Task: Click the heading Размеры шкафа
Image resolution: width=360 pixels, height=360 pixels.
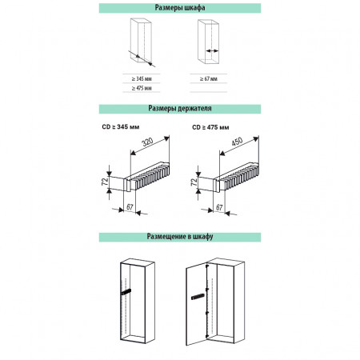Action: click(x=180, y=8)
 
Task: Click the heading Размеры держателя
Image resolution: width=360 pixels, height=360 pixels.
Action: click(x=180, y=108)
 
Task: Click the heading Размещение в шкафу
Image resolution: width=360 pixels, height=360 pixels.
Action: click(x=180, y=237)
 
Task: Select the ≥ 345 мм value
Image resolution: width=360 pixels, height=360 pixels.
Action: click(x=142, y=79)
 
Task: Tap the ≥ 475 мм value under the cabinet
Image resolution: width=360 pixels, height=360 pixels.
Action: click(x=142, y=88)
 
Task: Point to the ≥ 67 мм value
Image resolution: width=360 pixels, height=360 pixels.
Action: click(x=209, y=79)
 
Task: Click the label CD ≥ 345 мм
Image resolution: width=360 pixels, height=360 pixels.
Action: click(x=121, y=127)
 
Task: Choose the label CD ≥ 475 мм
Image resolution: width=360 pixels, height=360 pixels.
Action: click(x=210, y=127)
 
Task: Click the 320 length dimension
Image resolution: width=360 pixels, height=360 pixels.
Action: click(x=147, y=142)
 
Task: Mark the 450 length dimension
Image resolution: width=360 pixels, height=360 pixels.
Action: click(x=237, y=142)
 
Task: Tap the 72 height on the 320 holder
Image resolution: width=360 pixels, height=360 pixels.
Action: click(x=105, y=182)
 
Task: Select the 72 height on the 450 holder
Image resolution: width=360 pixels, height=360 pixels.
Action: click(x=194, y=182)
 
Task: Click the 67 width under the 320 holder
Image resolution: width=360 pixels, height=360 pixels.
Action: click(x=130, y=207)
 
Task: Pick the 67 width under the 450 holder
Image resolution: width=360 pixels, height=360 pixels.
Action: click(x=219, y=207)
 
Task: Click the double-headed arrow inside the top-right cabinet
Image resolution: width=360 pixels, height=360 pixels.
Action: click(x=212, y=50)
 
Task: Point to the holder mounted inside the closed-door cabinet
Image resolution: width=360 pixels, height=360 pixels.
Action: click(x=126, y=292)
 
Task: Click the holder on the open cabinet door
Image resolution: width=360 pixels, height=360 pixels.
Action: click(x=198, y=297)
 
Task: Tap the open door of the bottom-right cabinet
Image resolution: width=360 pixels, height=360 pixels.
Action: click(x=197, y=304)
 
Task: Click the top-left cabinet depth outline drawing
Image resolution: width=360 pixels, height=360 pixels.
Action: click(x=141, y=41)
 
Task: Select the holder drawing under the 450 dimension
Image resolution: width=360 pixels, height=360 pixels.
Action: click(x=236, y=177)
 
